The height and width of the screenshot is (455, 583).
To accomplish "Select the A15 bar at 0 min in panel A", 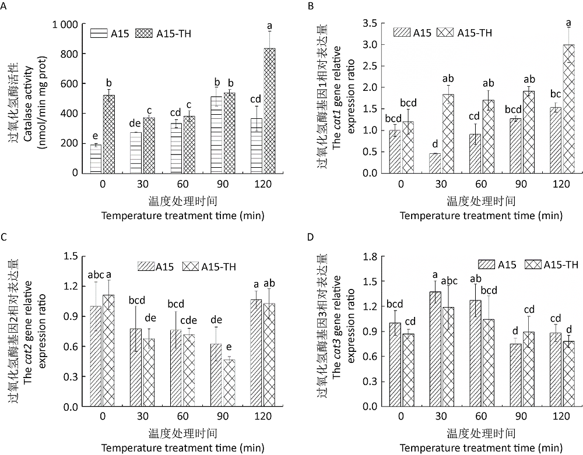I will click(x=96, y=158).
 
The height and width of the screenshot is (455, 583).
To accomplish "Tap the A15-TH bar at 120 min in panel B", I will click(x=568, y=109).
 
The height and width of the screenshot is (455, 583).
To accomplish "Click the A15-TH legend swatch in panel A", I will click(x=143, y=33).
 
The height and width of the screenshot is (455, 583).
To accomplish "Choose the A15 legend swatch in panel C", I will click(x=145, y=266).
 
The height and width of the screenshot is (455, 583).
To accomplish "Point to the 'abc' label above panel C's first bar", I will click(x=96, y=275).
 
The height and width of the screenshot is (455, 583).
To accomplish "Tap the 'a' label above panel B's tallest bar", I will click(x=568, y=23).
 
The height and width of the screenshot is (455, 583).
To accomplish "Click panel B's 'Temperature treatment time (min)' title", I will click(x=481, y=215).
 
